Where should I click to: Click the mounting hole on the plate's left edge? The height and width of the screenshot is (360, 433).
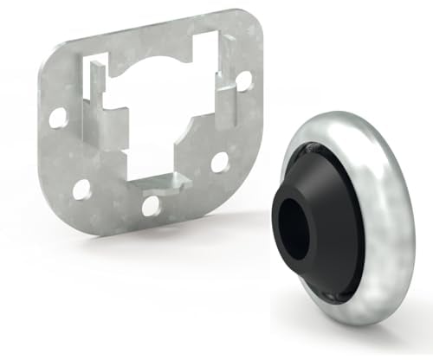[x=58, y=118]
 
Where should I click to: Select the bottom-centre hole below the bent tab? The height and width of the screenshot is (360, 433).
[x=151, y=205]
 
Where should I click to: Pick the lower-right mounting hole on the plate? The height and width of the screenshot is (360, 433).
[x=219, y=162]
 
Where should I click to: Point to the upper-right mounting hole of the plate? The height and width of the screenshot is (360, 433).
[x=243, y=80]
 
